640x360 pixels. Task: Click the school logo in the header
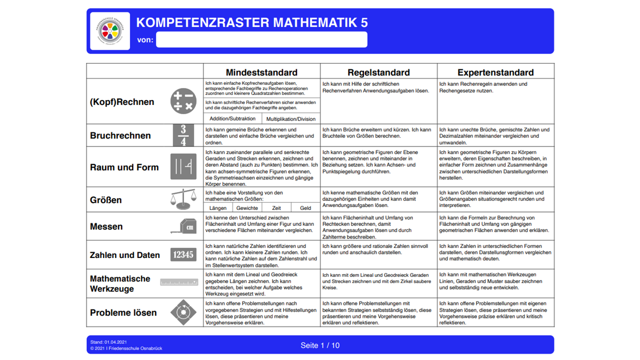click(x=110, y=31)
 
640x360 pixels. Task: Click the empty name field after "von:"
click(x=261, y=39)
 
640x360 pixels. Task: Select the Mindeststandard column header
click(x=261, y=72)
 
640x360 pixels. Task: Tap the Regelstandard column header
click(x=378, y=72)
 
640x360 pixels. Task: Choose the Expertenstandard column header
click(x=495, y=72)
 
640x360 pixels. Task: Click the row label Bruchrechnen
click(x=120, y=135)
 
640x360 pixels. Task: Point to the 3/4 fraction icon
click(x=183, y=135)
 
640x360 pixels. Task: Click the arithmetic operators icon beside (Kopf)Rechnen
click(x=183, y=100)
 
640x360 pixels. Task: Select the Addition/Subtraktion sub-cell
click(x=232, y=118)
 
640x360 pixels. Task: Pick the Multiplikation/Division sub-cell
click(x=291, y=119)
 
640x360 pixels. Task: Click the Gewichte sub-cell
click(x=247, y=208)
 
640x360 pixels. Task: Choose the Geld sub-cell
click(x=305, y=208)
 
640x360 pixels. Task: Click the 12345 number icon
click(x=183, y=254)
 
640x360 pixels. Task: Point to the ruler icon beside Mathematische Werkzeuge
click(x=179, y=282)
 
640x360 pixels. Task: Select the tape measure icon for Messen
click(x=183, y=226)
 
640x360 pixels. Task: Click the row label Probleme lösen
click(x=123, y=312)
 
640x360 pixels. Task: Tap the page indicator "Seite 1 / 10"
click(x=320, y=345)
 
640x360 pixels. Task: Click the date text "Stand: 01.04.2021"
click(x=108, y=342)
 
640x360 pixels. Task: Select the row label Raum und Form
click(x=124, y=167)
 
